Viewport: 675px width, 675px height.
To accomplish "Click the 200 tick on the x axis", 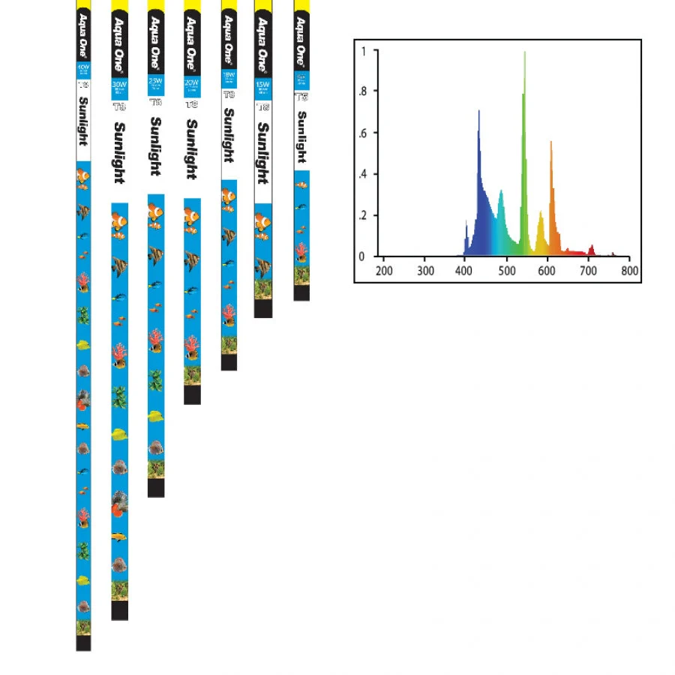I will pos(384,270).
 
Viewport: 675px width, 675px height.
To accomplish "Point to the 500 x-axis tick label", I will pos(507,270).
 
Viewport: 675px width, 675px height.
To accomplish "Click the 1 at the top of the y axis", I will pos(364,51).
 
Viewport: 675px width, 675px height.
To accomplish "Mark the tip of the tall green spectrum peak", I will pos(524,52).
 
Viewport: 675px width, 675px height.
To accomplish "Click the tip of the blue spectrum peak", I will pos(478,112).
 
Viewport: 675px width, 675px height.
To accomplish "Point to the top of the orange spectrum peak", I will pos(550,142).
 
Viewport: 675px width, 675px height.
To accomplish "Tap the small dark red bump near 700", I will pos(592,246).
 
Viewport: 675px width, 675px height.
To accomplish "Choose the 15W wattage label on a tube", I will pos(262,85).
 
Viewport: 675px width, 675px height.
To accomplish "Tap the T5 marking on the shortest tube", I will pos(301,97).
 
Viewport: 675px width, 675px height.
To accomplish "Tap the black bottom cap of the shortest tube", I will pos(301,292).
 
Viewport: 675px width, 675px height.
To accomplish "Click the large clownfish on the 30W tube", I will pos(119,221).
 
